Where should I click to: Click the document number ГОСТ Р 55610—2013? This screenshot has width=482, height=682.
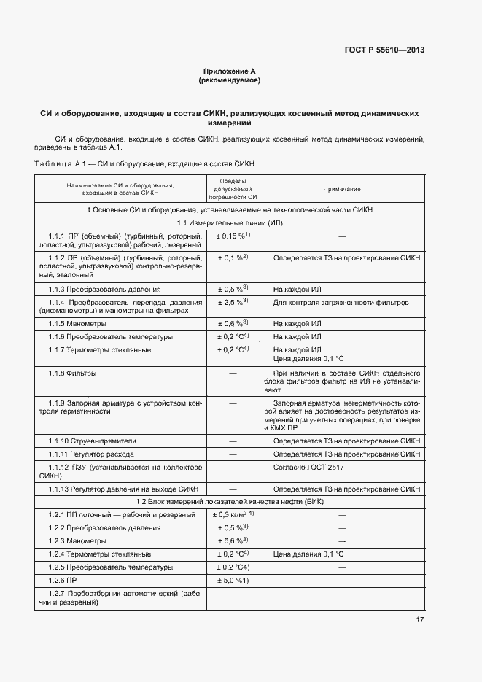pyautogui.click(x=384, y=50)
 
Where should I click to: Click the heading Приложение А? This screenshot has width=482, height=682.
pyautogui.click(x=229, y=71)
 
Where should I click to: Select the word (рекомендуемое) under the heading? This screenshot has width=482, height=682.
pyautogui.click(x=229, y=80)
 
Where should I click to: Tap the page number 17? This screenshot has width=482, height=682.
pyautogui.click(x=419, y=620)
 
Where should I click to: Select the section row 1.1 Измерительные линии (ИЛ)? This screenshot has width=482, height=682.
pyautogui.click(x=230, y=222)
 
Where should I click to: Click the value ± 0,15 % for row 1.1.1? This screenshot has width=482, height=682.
pyautogui.click(x=233, y=235)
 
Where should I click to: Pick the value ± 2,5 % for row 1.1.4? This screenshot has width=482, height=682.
pyautogui.click(x=233, y=301)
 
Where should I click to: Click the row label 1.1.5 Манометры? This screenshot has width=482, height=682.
pyautogui.click(x=77, y=323)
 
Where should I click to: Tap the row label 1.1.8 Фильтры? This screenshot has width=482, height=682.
pyautogui.click(x=73, y=373)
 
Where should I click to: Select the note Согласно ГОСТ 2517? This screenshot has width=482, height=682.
pyautogui.click(x=308, y=467)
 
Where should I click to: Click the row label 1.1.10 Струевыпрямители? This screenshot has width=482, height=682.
pyautogui.click(x=93, y=441)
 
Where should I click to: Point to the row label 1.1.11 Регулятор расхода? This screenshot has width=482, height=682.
pyautogui.click(x=93, y=454)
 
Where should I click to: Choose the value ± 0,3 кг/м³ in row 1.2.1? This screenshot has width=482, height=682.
pyautogui.click(x=233, y=515)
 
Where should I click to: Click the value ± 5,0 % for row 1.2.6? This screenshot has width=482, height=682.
pyautogui.click(x=233, y=580)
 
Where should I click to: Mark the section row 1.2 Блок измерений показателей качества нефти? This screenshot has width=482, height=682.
pyautogui.click(x=230, y=502)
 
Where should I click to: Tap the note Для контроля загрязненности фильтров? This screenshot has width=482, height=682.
pyautogui.click(x=341, y=302)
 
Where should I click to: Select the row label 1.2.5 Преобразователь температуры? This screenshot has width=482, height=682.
pyautogui.click(x=111, y=567)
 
